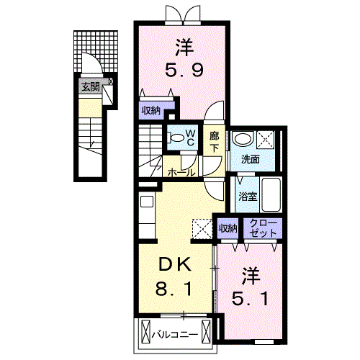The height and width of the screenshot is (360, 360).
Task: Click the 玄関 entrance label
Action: (91, 87)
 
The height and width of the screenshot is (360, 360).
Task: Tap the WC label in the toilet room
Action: (190, 138)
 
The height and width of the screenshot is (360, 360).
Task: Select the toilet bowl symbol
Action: (176, 138)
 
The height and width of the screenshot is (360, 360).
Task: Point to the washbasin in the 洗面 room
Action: (243, 138)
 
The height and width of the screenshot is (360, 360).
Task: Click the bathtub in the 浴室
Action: (271, 194)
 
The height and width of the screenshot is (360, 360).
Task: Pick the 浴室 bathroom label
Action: (248, 197)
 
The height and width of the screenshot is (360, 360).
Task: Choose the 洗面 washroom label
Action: (251, 159)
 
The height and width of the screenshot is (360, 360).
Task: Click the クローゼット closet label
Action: (263, 228)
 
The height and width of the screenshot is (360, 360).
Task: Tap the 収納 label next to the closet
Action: (228, 228)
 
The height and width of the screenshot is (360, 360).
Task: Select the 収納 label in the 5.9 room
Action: (151, 111)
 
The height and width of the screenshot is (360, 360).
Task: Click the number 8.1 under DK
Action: (174, 289)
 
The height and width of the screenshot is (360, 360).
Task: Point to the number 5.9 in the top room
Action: (184, 70)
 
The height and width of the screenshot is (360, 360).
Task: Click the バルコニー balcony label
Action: (175, 334)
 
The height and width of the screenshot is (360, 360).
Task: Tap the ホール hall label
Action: (181, 172)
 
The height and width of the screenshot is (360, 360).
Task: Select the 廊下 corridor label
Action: (214, 143)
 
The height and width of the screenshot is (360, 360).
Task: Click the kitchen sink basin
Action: (147, 202)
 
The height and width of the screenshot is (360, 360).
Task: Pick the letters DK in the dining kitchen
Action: (175, 264)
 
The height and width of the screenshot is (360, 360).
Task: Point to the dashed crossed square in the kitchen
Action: (202, 229)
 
